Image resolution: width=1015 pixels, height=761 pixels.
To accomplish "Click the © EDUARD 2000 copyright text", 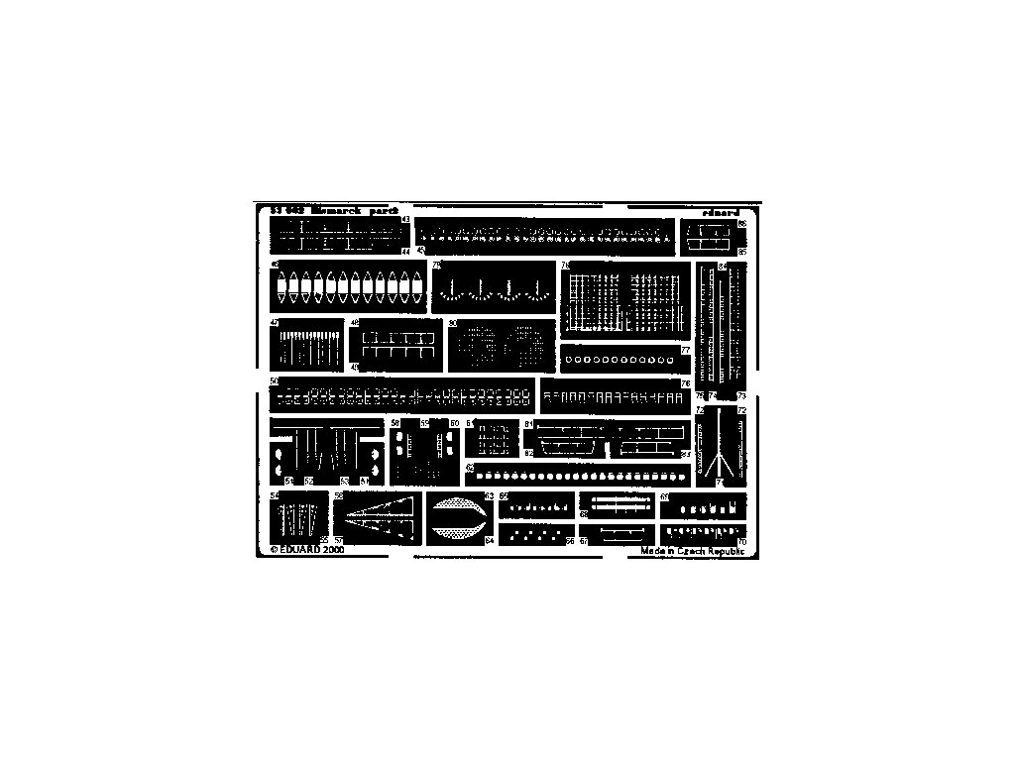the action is [306, 548].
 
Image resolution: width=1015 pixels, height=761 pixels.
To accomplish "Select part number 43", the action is [405, 220].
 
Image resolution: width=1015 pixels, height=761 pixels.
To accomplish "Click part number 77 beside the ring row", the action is [685, 351].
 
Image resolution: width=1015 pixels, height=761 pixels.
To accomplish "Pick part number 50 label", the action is [273, 381].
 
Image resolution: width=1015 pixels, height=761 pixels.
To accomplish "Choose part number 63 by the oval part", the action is [489, 495].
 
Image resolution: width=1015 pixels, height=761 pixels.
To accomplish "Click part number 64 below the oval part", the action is [489, 540].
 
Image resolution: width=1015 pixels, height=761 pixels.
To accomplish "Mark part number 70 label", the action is [741, 541].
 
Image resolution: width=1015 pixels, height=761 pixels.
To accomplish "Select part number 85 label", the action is [741, 252].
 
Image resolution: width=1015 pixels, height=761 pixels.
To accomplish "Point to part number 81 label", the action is [529, 424].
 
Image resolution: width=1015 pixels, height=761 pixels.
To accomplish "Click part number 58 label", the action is [395, 423].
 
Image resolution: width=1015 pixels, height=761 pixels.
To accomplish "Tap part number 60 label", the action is [455, 423].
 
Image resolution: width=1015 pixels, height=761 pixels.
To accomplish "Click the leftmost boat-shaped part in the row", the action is [282, 289].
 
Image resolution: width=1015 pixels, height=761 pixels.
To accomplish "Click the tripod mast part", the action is [715, 448].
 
